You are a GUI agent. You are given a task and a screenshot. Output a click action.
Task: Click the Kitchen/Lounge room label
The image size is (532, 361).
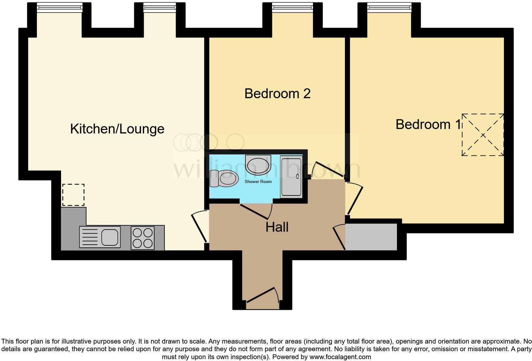pyautogui.click(x=117, y=129)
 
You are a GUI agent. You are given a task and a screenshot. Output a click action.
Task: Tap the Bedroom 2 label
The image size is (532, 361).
pyautogui.click(x=277, y=94)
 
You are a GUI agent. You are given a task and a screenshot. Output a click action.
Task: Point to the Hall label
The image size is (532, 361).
pyautogui.click(x=277, y=227)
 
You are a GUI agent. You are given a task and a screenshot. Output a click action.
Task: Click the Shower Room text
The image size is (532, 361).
pyautogui.click(x=258, y=182)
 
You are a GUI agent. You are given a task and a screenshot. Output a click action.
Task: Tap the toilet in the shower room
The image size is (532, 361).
pyautogui.click(x=225, y=178)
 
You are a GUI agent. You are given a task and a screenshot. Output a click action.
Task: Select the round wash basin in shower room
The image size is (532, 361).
pyautogui.click(x=258, y=165)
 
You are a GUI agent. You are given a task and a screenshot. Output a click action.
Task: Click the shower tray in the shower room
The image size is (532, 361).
pyautogui.click(x=291, y=177)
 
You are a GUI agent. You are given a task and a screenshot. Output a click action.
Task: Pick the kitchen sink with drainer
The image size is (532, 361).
pyautogui.click(x=100, y=237)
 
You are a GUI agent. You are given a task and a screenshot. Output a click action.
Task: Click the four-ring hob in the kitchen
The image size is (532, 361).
pyautogui.click(x=143, y=238)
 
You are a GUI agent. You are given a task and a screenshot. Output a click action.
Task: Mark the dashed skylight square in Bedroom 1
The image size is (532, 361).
pyautogui.click(x=483, y=135)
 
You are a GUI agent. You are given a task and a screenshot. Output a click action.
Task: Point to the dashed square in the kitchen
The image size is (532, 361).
pyautogui.click(x=73, y=195)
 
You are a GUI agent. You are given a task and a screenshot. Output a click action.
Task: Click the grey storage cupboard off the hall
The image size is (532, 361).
pyautogui.click(x=372, y=237)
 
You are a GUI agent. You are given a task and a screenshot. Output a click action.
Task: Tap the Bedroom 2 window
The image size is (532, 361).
pyautogui.click(x=293, y=7)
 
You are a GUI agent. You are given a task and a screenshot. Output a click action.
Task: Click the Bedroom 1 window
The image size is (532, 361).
pyautogui.click(x=389, y=7)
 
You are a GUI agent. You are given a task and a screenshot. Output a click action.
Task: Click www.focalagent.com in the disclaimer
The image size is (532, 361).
pyautogui.click(x=340, y=357)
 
